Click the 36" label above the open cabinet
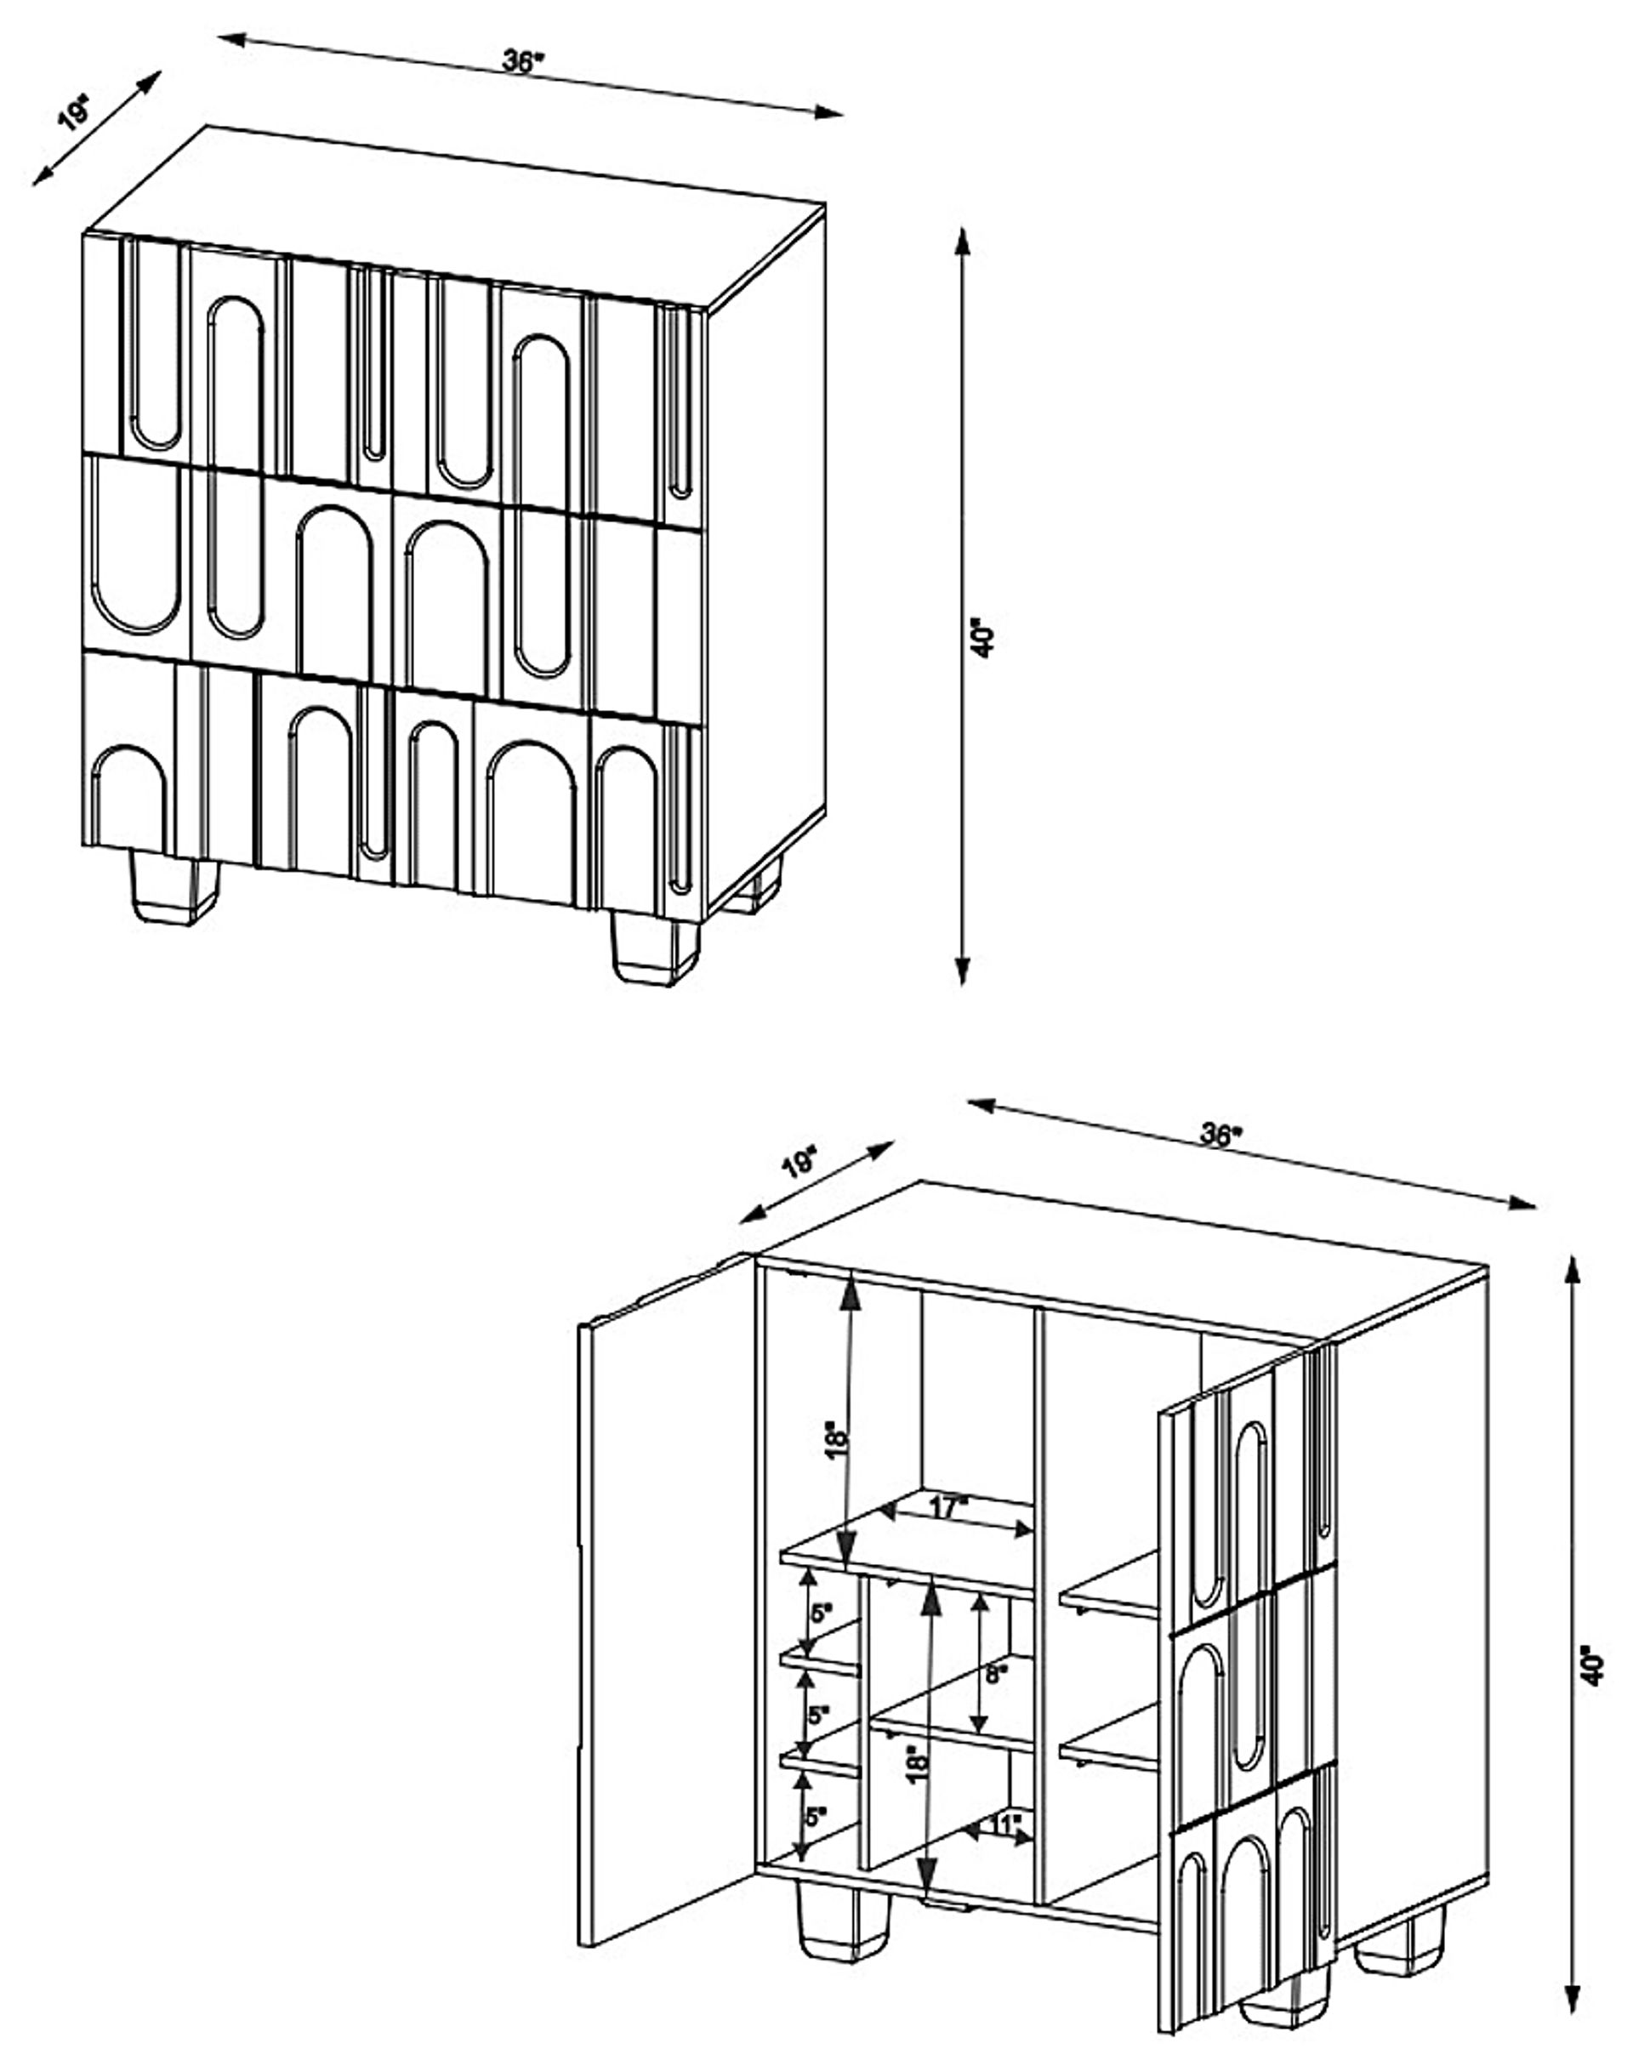[x=1219, y=1135]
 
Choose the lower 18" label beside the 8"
[x=915, y=1762]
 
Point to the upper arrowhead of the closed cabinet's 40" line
[x=964, y=239]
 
